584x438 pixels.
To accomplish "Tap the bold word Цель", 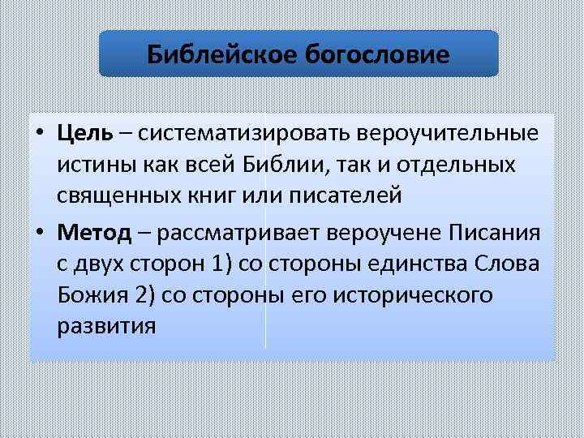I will [85, 133].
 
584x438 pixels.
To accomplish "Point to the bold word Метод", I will [94, 234].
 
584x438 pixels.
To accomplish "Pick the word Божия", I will [87, 296].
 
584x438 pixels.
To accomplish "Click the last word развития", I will [105, 327].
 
